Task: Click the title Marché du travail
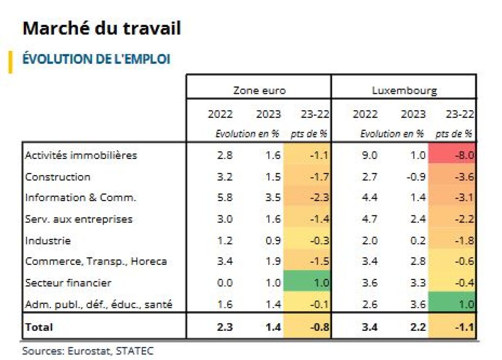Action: (101, 29)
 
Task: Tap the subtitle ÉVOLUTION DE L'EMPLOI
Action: (96, 59)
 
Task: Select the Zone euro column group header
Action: (259, 91)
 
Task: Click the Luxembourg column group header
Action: (404, 91)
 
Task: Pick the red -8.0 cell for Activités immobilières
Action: (452, 155)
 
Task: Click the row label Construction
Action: (58, 177)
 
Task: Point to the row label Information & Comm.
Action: (80, 198)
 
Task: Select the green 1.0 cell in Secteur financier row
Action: (308, 283)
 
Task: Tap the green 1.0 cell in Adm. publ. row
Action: (452, 304)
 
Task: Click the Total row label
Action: (39, 327)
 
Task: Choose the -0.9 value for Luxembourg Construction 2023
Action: (413, 177)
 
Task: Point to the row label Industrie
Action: (48, 240)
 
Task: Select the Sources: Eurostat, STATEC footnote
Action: (88, 351)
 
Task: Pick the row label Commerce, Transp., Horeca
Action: (96, 262)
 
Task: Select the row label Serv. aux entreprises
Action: (79, 219)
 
